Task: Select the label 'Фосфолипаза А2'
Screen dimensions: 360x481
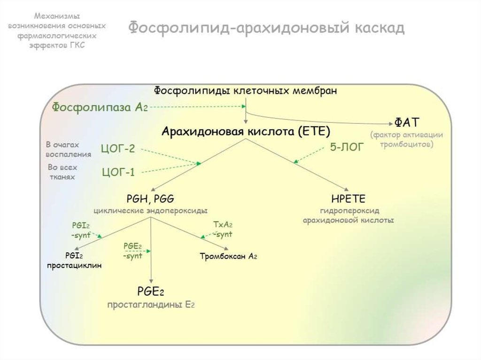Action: point(100,107)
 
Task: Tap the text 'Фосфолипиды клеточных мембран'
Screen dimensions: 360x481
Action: point(246,91)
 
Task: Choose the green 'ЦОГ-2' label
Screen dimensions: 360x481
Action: point(118,149)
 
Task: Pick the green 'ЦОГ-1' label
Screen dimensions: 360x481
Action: point(118,172)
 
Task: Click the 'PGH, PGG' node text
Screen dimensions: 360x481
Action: point(150,199)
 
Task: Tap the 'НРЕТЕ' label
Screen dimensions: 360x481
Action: point(348,199)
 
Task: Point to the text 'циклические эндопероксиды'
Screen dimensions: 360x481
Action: point(150,210)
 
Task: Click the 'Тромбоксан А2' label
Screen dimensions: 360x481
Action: point(228,256)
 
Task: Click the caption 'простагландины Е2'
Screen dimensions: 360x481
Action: point(151,305)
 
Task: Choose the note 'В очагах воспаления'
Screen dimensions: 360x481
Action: point(68,149)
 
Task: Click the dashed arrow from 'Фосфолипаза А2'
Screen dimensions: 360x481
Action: point(197,107)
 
